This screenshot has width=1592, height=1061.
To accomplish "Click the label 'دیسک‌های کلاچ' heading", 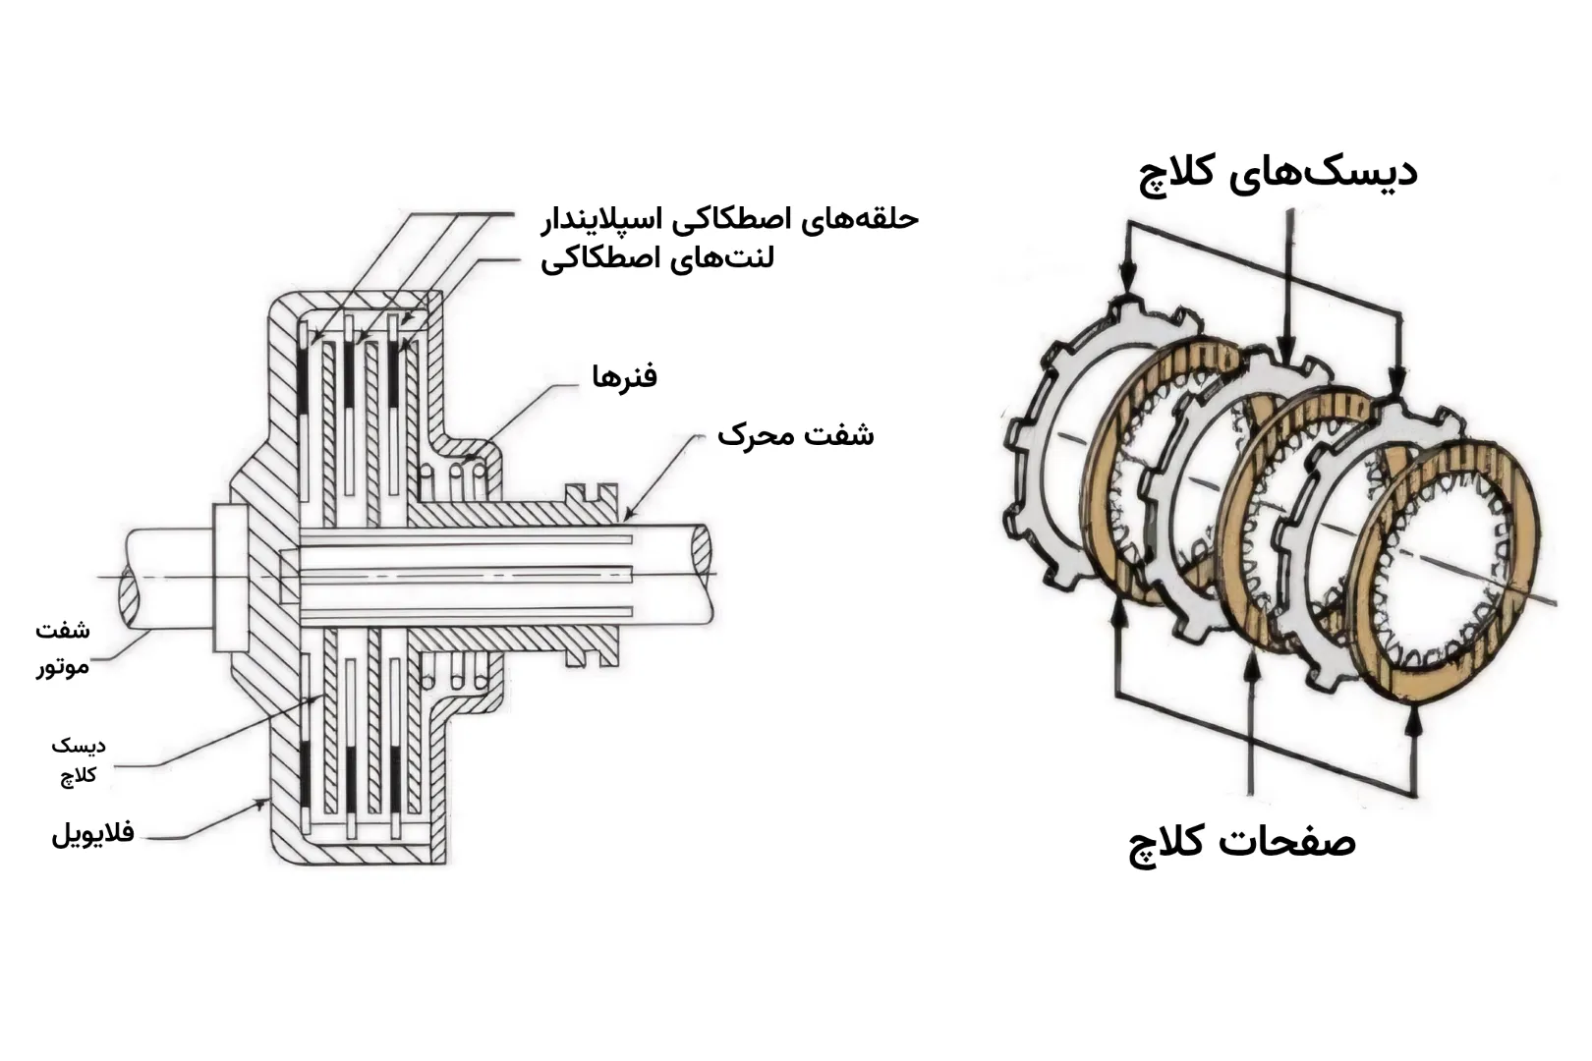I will (1278, 173).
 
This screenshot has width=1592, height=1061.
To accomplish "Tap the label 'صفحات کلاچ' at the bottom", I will (1242, 842).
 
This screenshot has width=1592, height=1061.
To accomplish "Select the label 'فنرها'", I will (624, 376).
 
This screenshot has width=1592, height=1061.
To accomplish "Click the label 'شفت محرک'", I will (795, 433).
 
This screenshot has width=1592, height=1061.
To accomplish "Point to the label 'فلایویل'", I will (92, 834).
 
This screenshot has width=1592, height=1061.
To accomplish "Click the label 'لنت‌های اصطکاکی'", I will (657, 260).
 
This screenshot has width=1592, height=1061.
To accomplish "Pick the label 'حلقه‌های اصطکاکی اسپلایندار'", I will (729, 218).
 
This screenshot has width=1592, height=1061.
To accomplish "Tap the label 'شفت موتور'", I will (64, 647).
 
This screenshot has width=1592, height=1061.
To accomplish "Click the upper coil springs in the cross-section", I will (453, 478).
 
